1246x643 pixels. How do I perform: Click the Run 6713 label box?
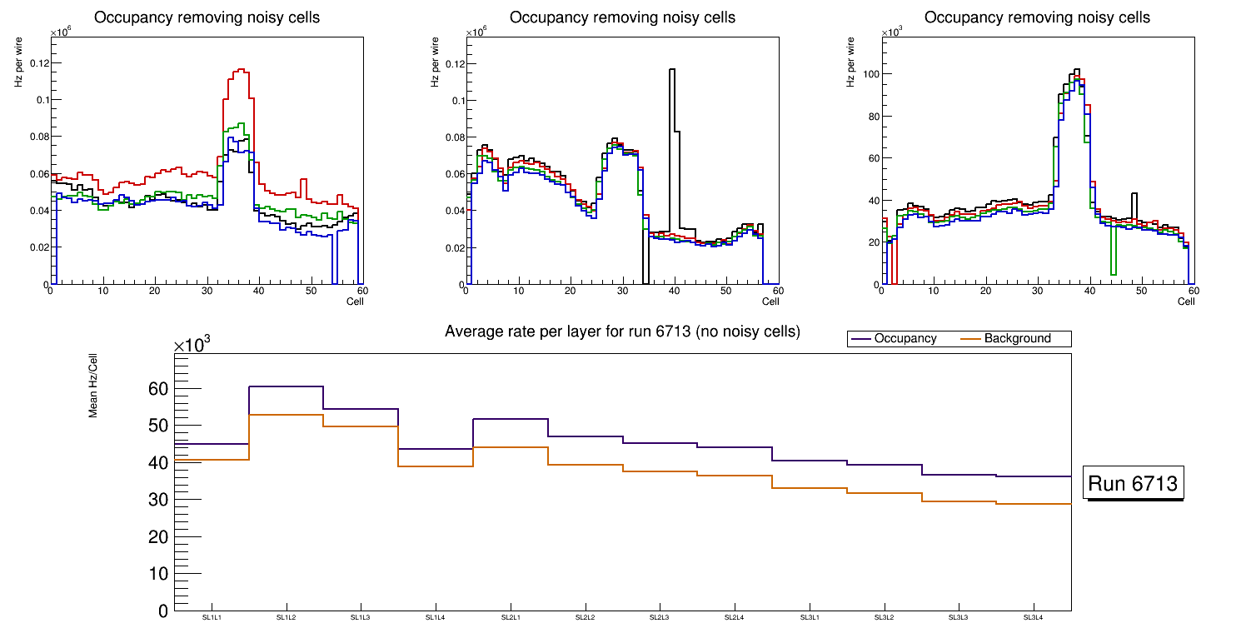1133,484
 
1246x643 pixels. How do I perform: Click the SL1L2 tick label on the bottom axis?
287,617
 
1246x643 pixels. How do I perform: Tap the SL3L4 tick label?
1034,617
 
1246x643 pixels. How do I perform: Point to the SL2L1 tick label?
511,617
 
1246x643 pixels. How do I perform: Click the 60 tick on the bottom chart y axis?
158,389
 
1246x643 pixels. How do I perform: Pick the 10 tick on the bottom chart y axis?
158,574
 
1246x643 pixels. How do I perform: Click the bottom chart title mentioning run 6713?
622,331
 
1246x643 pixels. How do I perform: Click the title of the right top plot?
1037,17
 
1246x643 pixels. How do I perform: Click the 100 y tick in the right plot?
871,74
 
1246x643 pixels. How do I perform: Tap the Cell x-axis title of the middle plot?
770,301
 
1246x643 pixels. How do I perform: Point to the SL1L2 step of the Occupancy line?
286,386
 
